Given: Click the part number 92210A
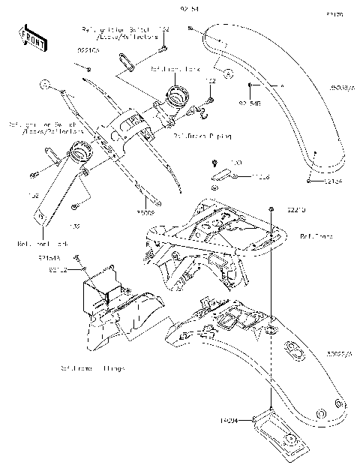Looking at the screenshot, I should pos(88,52).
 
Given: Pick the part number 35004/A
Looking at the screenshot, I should pos(343,88).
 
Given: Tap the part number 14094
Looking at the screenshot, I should pos(229,421).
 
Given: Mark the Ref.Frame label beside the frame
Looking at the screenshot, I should pos(313,235).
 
